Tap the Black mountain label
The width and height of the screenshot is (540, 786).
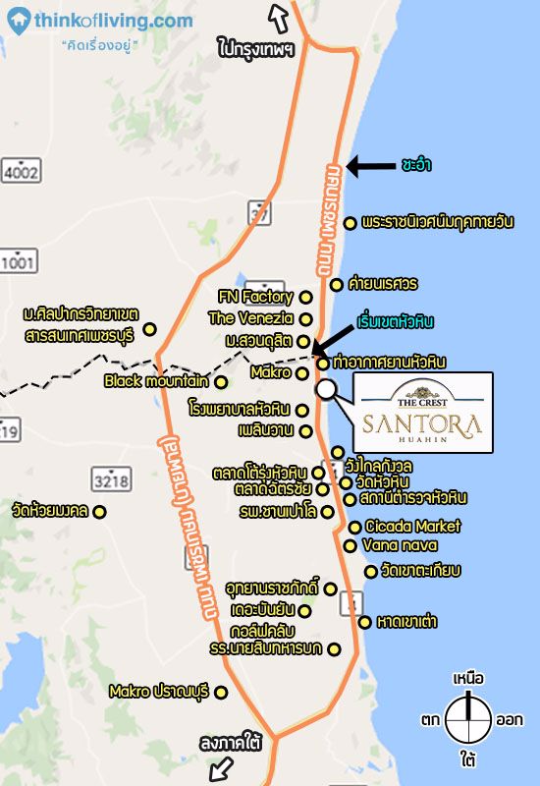[156, 380]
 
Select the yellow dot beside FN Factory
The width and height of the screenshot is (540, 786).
[305, 296]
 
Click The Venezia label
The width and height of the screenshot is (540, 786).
[250, 317]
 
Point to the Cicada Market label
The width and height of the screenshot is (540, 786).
[412, 527]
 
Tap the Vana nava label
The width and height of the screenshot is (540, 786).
[400, 545]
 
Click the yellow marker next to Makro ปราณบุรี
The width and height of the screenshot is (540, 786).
[221, 692]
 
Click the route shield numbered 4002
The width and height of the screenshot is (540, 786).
[21, 173]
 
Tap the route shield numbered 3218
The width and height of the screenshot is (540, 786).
[111, 479]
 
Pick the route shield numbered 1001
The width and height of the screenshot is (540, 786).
[17, 260]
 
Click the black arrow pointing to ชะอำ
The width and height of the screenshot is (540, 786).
[369, 165]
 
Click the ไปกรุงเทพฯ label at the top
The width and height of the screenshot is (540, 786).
[256, 46]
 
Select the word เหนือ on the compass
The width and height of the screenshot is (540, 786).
[468, 678]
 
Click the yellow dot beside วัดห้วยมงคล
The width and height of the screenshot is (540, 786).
[98, 511]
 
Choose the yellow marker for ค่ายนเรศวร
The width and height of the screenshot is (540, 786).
[337, 285]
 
